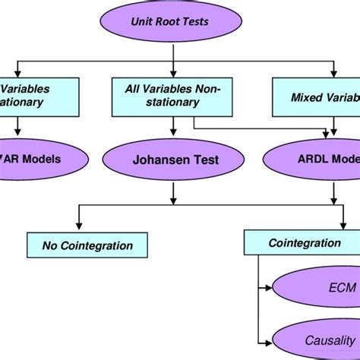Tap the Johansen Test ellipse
(175, 160)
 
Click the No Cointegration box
(87, 245)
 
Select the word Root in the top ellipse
(175, 24)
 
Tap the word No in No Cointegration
(49, 245)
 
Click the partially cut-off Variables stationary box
(30, 96)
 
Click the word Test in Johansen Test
(204, 160)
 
